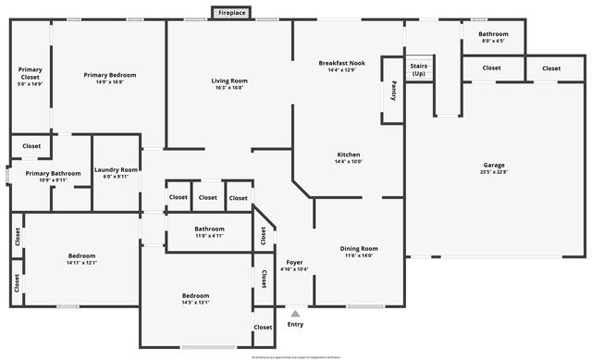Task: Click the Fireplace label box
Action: pos(231,13)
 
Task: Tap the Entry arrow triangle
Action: pos(295,314)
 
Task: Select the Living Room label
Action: pos(229,81)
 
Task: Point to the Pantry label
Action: pos(393,90)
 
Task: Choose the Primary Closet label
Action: pos(31,72)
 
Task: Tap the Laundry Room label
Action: pos(117,170)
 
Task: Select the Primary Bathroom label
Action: pos(53,173)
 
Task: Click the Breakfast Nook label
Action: pos(342,63)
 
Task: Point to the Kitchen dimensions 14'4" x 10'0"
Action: pos(349,162)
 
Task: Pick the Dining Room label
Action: pos(360,248)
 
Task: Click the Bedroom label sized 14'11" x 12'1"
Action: pos(81,255)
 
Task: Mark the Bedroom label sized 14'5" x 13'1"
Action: pos(195,295)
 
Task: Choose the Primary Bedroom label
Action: pos(110,75)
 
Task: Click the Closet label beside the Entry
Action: pos(264,328)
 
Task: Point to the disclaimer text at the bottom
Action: pos(296,355)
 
